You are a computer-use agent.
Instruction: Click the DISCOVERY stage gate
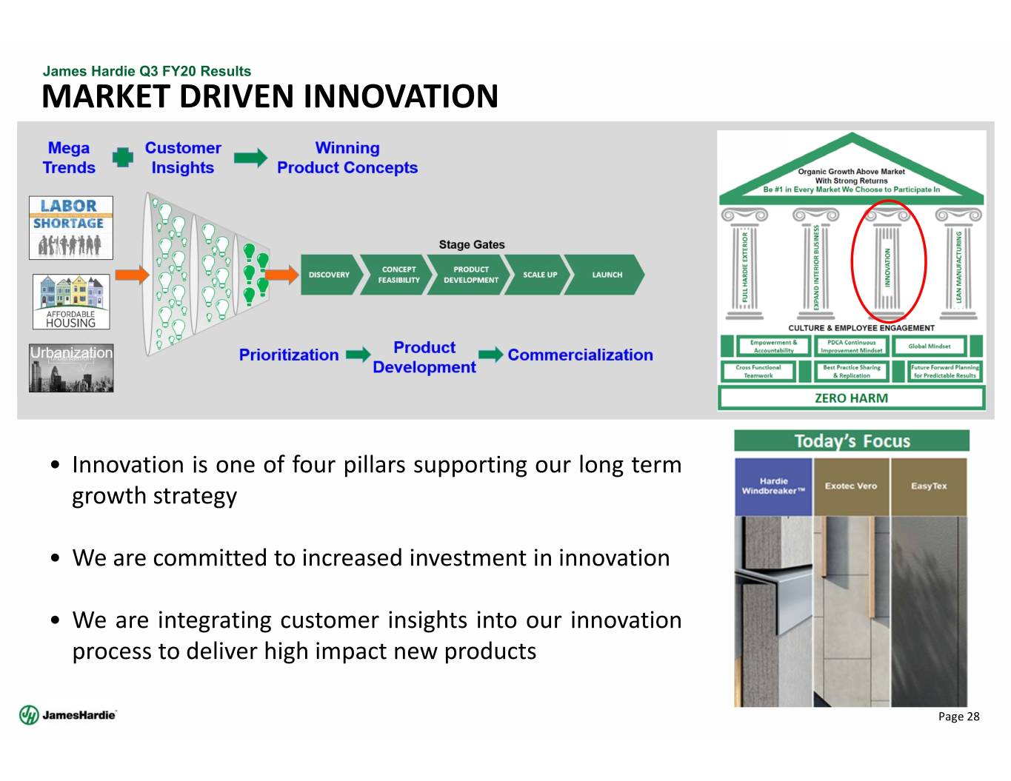click(329, 275)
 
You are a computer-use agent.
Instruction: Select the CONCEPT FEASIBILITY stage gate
click(398, 275)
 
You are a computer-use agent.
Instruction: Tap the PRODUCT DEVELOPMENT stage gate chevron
click(471, 275)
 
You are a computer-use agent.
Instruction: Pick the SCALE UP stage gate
click(540, 275)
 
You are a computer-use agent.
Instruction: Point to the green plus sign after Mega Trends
click(123, 158)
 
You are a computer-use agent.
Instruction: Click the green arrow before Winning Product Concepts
click(250, 158)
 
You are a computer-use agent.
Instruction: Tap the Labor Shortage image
click(71, 228)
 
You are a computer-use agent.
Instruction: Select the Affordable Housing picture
click(71, 301)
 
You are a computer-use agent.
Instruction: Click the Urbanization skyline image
click(71, 368)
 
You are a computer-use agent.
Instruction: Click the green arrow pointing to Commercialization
click(490, 355)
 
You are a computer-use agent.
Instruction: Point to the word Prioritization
click(289, 355)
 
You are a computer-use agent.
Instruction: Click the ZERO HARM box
click(851, 398)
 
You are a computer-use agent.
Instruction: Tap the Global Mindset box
click(929, 346)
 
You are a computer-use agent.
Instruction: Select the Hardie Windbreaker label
click(773, 486)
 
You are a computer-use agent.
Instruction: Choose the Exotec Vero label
click(851, 486)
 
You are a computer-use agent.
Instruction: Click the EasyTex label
click(929, 486)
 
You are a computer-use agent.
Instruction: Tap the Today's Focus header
click(852, 441)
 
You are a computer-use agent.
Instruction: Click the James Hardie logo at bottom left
click(67, 714)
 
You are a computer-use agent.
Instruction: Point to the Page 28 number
click(958, 716)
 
